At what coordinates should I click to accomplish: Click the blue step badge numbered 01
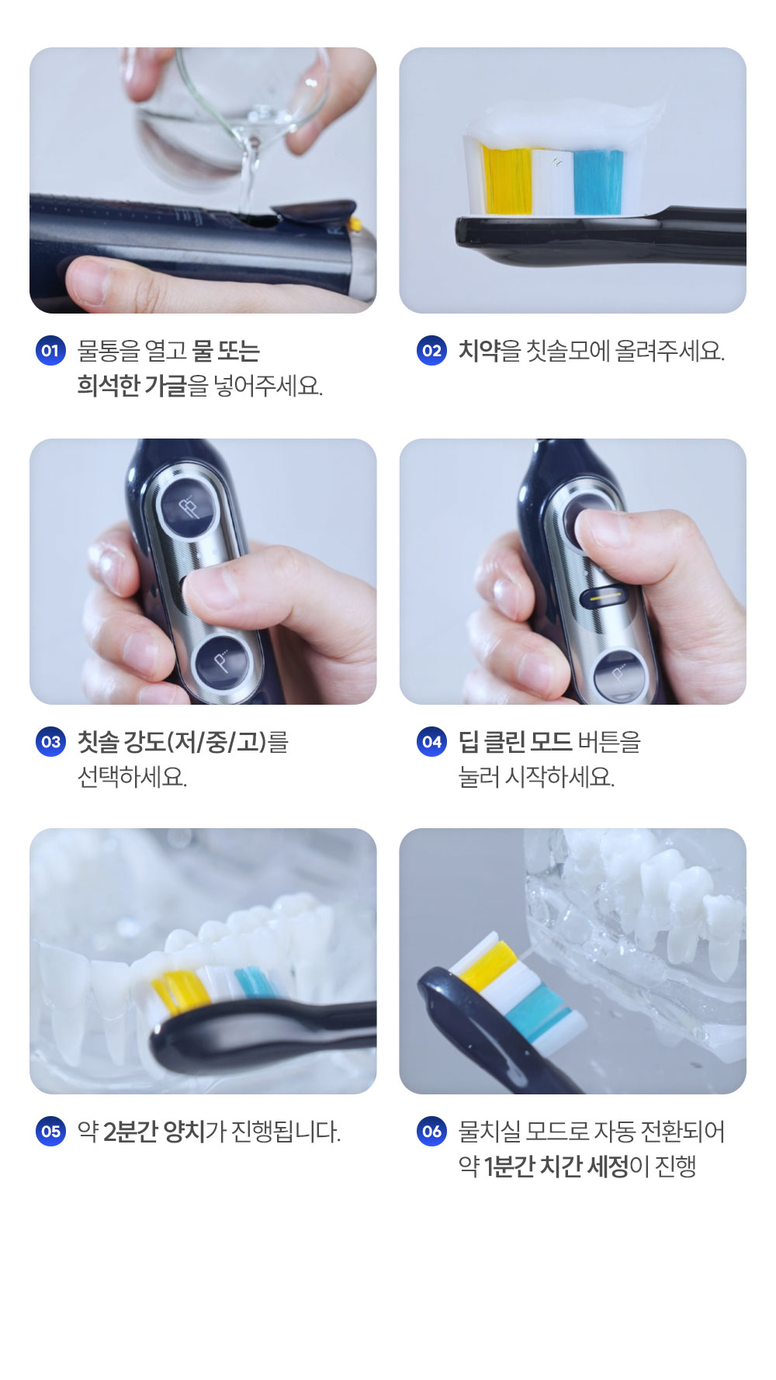tap(50, 351)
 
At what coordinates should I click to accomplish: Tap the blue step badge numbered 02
tap(431, 351)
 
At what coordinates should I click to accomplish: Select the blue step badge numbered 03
tap(50, 742)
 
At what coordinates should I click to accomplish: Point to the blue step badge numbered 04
tap(431, 742)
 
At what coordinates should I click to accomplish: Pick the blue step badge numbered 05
tap(50, 1132)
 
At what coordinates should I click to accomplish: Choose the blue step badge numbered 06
tap(431, 1132)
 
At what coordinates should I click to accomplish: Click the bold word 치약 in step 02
tap(479, 351)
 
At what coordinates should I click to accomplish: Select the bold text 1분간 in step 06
tap(508, 1166)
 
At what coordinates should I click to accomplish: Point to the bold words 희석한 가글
tap(132, 385)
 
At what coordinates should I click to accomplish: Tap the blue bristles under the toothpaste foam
tap(598, 182)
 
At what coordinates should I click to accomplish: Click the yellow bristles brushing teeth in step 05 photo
tap(179, 991)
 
